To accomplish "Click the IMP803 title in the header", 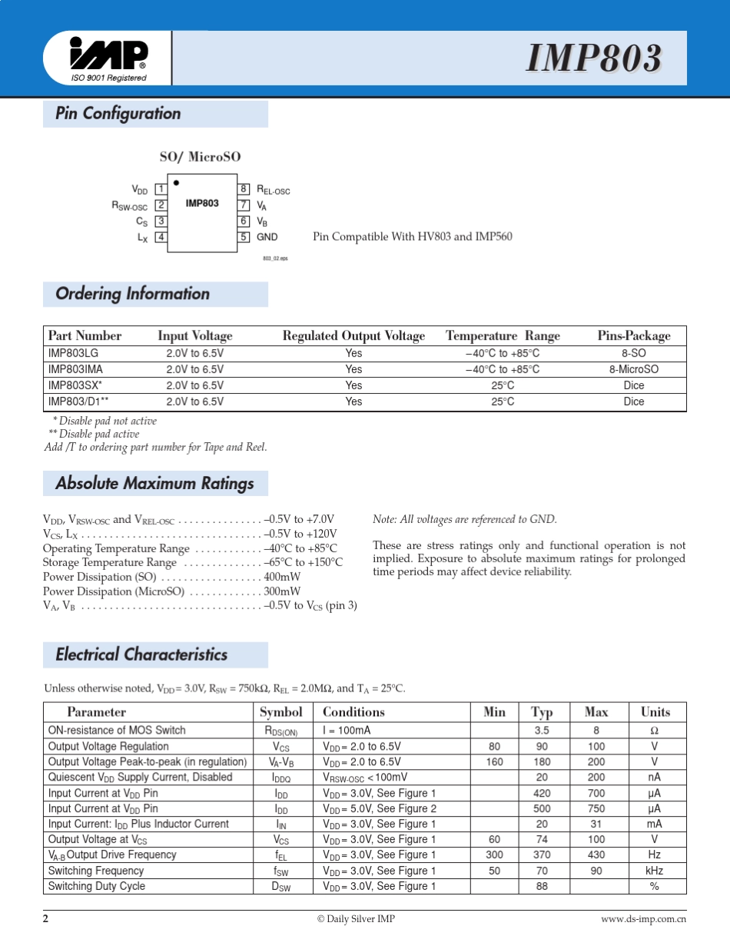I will [x=594, y=58].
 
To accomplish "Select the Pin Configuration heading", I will [x=118, y=114].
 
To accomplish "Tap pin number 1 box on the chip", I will [x=161, y=189].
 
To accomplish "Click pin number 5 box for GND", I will [x=244, y=237].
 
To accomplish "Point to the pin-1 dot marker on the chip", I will [x=176, y=183].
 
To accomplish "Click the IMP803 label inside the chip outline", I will [x=202, y=204].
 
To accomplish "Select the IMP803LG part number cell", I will [x=74, y=353].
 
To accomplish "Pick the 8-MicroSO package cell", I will [x=633, y=369].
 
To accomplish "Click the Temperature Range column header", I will [x=503, y=336].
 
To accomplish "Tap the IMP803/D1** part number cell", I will [x=78, y=401].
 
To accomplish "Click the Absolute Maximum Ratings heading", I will [x=154, y=484].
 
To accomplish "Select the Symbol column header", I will [x=281, y=712].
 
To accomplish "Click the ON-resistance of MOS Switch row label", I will [x=117, y=731].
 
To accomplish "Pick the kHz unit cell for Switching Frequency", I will [x=655, y=871].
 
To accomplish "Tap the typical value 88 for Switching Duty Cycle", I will [x=542, y=886].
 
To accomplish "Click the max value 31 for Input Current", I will [x=596, y=824].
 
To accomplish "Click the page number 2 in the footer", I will [x=46, y=919].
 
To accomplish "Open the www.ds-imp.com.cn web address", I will [x=643, y=920].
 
